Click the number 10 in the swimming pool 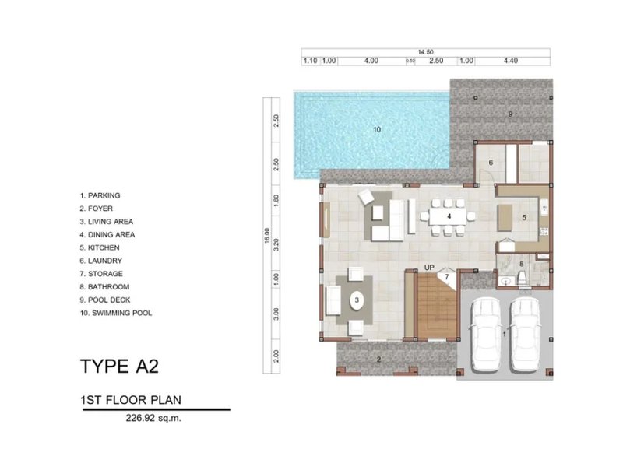[376, 129]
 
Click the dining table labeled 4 [449, 216]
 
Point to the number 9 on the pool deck [511, 114]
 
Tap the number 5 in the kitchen [524, 217]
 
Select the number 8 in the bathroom [522, 265]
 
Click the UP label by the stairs [429, 268]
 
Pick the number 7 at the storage [447, 276]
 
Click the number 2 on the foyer [378, 359]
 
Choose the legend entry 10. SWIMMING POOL [116, 313]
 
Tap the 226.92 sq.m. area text [154, 417]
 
